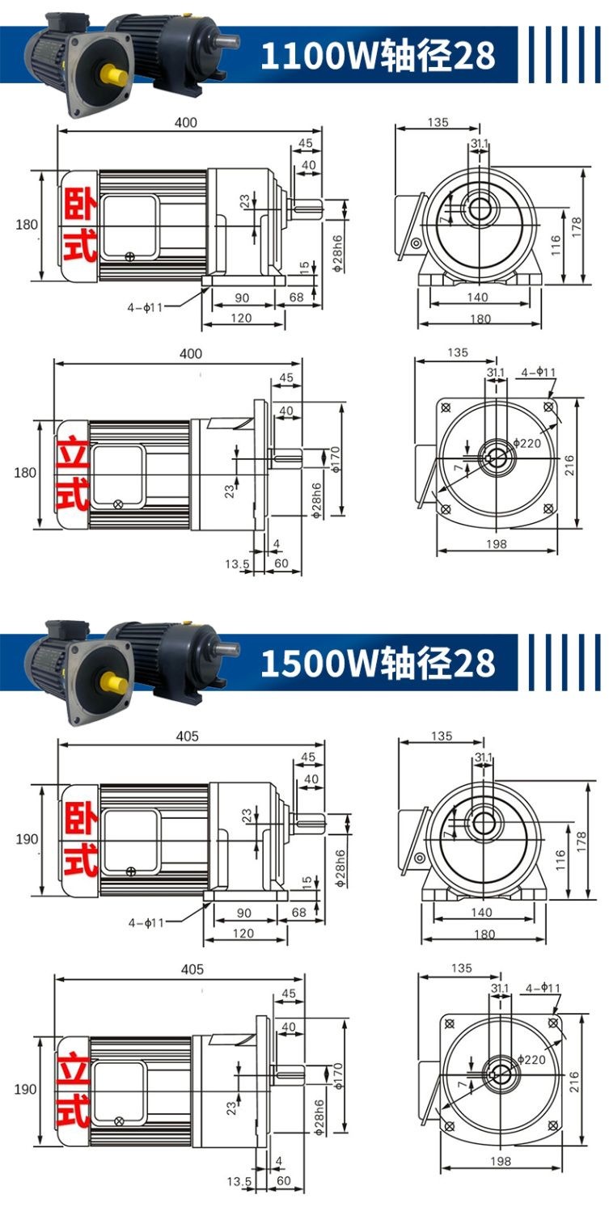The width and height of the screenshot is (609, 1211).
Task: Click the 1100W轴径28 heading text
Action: tap(378, 55)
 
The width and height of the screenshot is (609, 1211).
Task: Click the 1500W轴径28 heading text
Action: tap(378, 663)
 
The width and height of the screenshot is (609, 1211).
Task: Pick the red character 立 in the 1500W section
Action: tap(73, 1067)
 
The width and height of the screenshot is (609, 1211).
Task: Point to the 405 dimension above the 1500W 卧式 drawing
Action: tap(187, 736)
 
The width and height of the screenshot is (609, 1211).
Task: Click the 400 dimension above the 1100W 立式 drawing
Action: tap(191, 353)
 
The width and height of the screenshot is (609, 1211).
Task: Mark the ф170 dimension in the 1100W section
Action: tap(336, 459)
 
